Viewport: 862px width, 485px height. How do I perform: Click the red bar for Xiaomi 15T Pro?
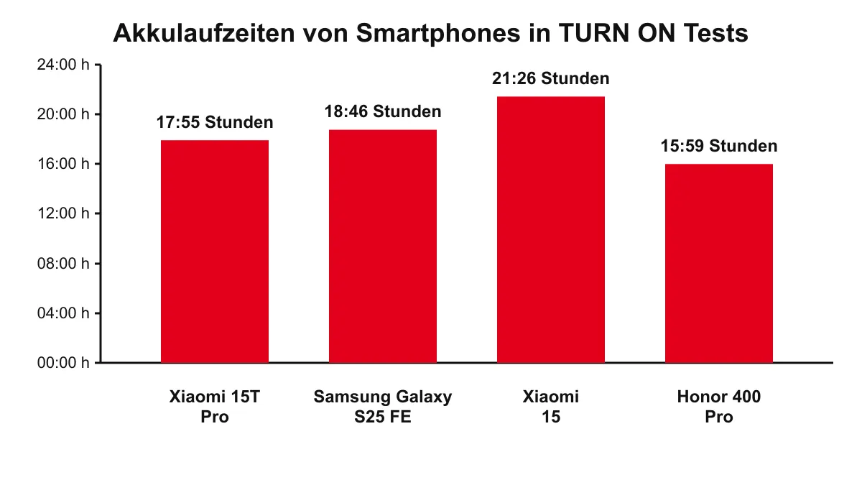[215, 251]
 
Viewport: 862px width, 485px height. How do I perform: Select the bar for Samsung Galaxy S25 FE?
[383, 246]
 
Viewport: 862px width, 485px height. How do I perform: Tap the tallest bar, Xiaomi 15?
[551, 230]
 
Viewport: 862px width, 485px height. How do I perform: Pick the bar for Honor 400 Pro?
[719, 264]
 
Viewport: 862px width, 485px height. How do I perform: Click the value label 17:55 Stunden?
[215, 123]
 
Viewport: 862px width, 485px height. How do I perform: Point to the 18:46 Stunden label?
[383, 112]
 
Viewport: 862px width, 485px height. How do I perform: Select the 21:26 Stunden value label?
[551, 79]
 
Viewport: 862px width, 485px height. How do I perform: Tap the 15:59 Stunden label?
[719, 147]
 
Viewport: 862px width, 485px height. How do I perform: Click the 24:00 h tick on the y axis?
[63, 65]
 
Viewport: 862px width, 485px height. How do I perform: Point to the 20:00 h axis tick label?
[63, 114]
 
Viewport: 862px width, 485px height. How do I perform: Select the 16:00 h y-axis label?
[63, 164]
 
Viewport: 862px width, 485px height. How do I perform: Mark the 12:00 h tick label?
[63, 213]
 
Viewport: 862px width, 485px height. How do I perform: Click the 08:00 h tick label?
[63, 264]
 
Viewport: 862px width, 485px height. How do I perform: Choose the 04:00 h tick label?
[63, 313]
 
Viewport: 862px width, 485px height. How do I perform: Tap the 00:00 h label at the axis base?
[63, 363]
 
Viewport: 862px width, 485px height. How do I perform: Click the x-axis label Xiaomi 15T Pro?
[215, 407]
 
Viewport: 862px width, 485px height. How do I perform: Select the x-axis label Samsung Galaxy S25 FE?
[383, 407]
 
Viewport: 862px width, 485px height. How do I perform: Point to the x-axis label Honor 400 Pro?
[719, 407]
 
